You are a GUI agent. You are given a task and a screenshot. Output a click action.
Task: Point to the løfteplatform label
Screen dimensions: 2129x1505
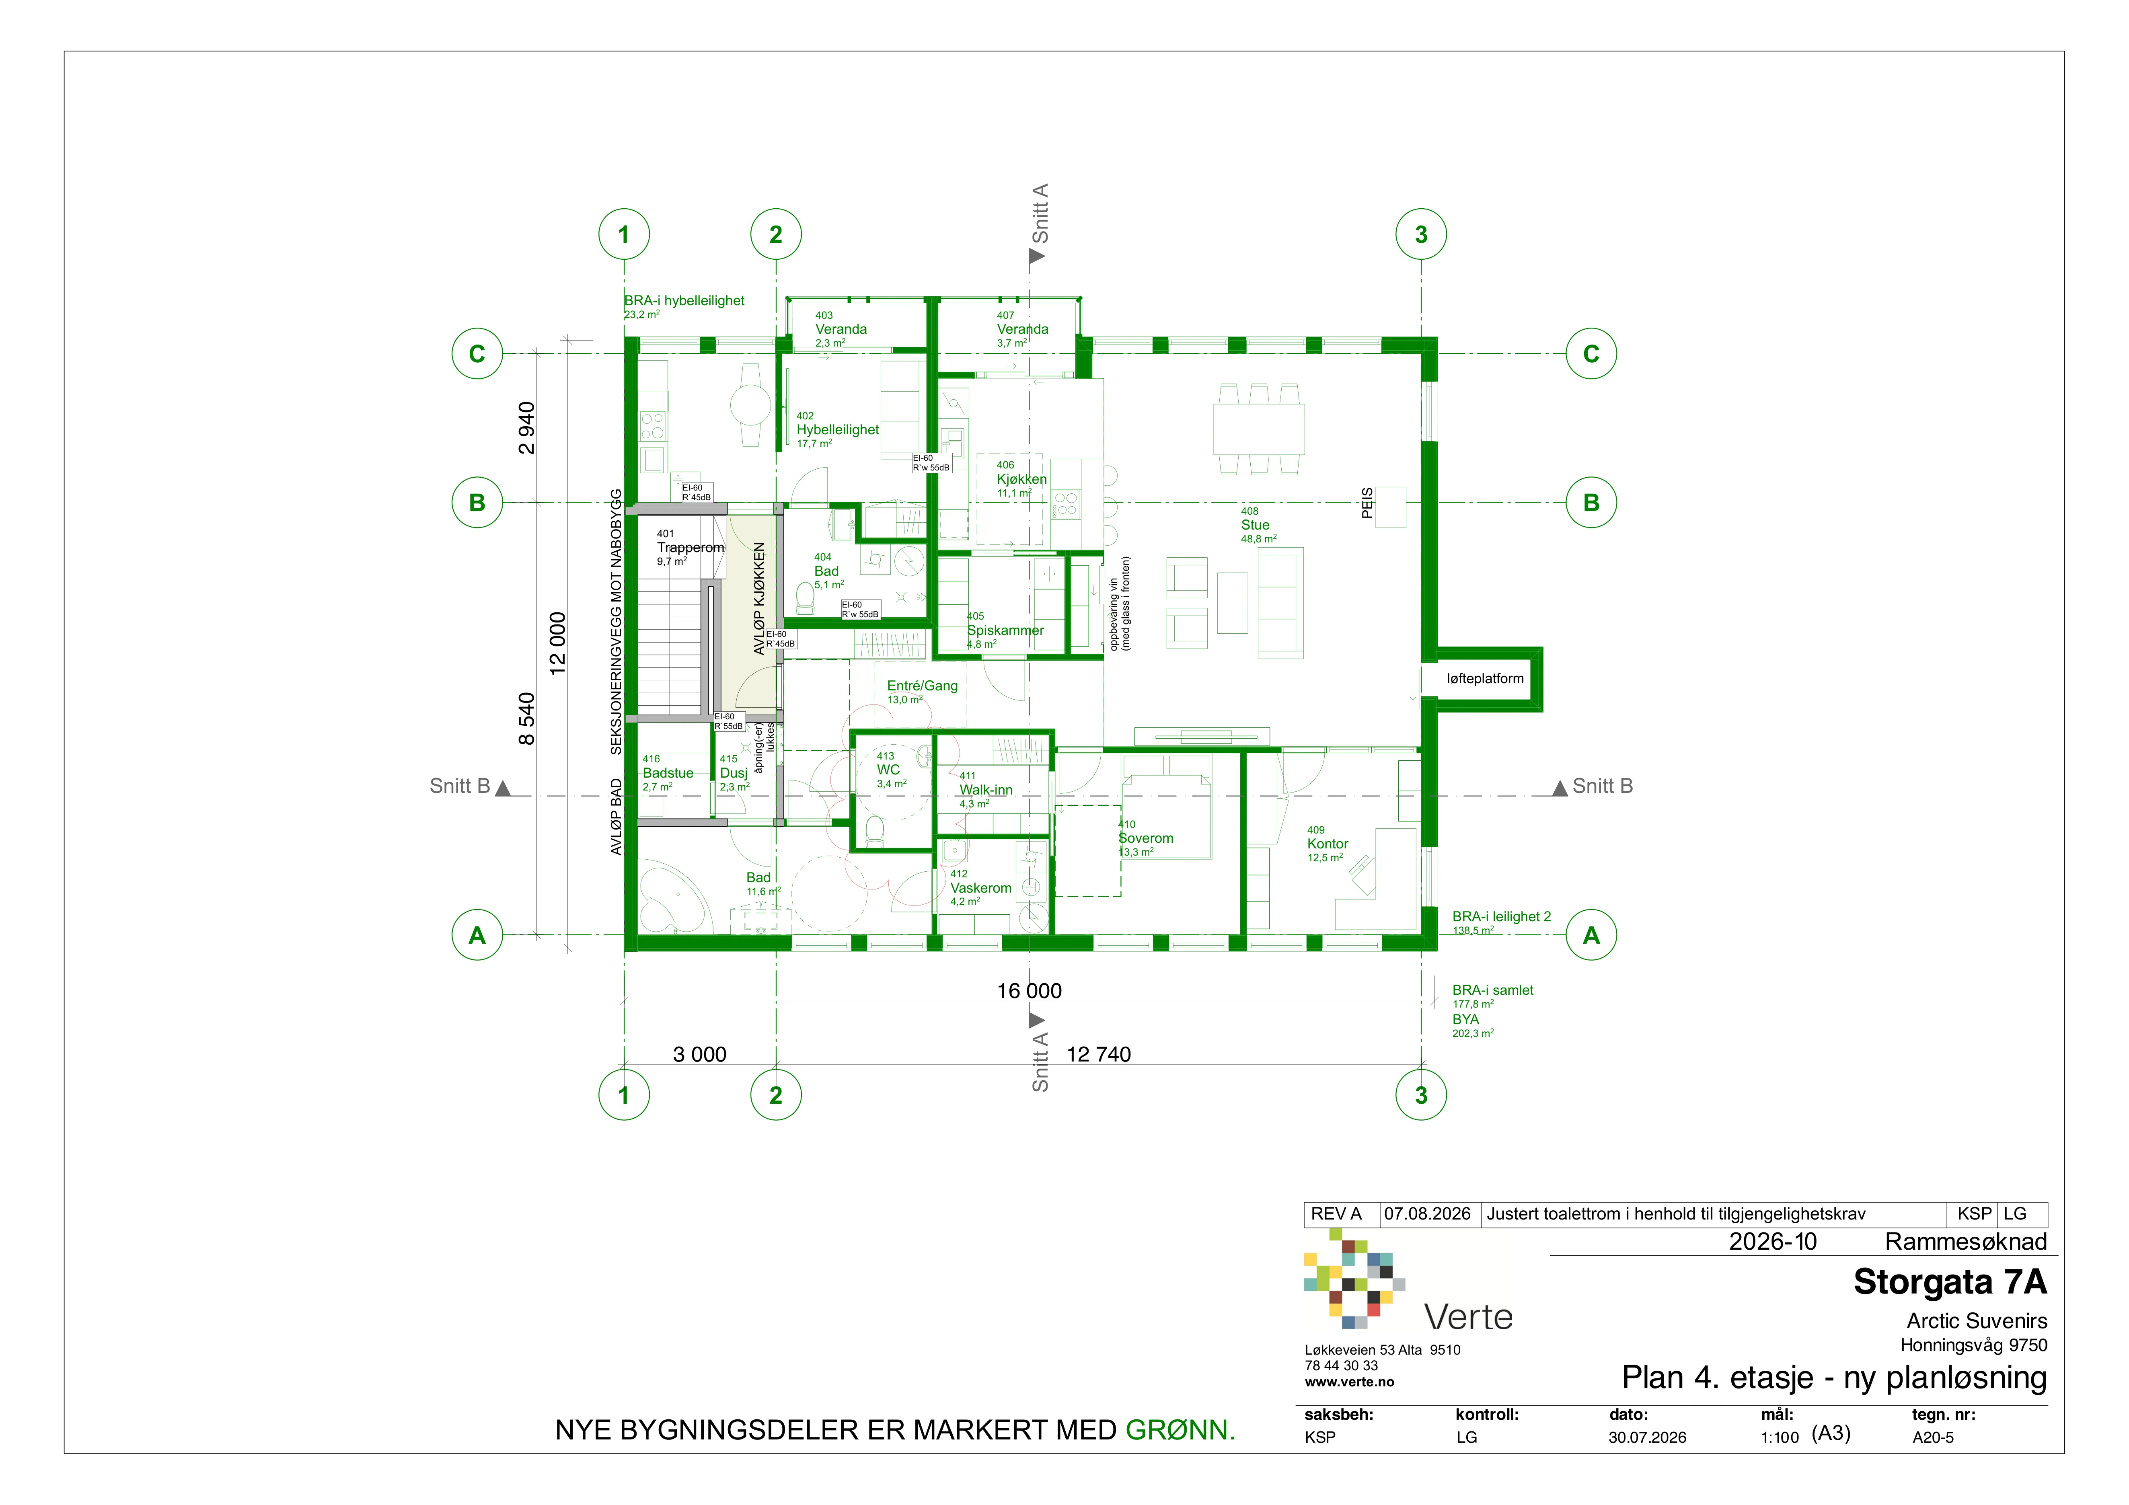tap(1485, 679)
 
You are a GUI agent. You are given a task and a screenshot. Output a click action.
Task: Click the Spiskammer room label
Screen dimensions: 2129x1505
tap(1005, 630)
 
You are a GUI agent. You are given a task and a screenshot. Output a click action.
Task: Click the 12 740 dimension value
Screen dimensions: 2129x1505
tap(1099, 1054)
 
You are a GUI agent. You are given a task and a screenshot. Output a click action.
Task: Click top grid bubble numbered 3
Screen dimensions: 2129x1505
tap(1420, 234)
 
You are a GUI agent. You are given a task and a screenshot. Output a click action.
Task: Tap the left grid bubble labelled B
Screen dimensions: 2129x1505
tap(477, 503)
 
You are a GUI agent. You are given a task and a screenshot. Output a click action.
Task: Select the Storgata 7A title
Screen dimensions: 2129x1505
tap(1950, 1281)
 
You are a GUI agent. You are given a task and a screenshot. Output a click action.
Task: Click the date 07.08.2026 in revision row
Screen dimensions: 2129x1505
tap(1427, 1214)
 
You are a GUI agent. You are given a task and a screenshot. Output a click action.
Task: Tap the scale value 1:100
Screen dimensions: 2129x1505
tap(1780, 1437)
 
